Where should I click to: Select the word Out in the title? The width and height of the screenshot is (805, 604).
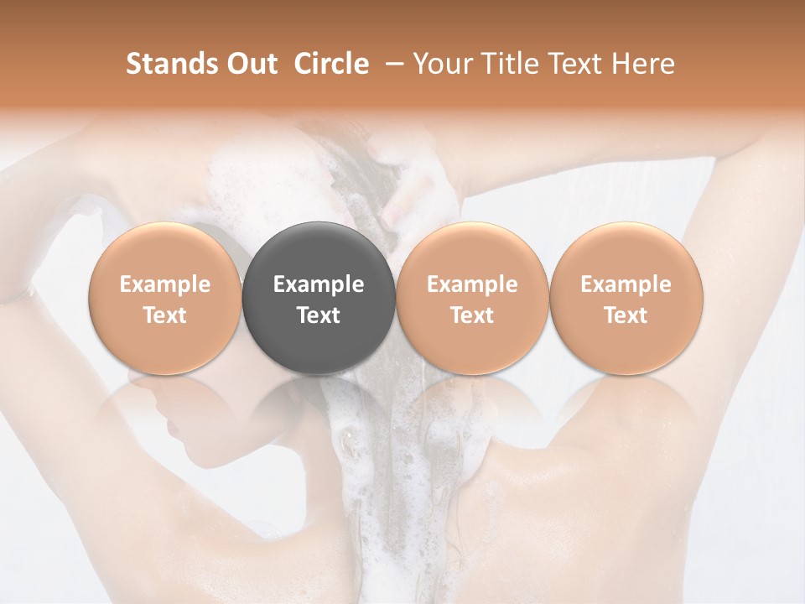click(248, 64)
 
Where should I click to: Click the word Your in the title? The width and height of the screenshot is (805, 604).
click(439, 64)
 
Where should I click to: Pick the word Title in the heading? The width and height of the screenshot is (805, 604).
click(506, 64)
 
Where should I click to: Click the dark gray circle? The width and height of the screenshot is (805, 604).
click(319, 297)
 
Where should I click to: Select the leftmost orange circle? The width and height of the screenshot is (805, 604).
click(164, 297)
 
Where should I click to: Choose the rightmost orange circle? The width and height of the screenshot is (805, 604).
click(626, 297)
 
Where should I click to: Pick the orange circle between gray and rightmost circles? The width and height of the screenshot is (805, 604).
click(472, 297)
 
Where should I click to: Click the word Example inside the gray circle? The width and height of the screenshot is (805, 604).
click(319, 284)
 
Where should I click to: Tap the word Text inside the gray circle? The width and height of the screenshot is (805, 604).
click(319, 315)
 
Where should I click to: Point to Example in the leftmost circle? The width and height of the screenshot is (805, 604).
click(164, 284)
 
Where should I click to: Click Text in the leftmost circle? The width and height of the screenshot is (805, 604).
click(164, 315)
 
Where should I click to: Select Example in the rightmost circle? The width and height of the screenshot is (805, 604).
click(626, 284)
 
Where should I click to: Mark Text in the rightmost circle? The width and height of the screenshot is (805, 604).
click(626, 315)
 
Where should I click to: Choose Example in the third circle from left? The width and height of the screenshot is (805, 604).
click(472, 284)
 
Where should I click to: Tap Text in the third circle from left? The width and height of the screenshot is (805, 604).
click(472, 315)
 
